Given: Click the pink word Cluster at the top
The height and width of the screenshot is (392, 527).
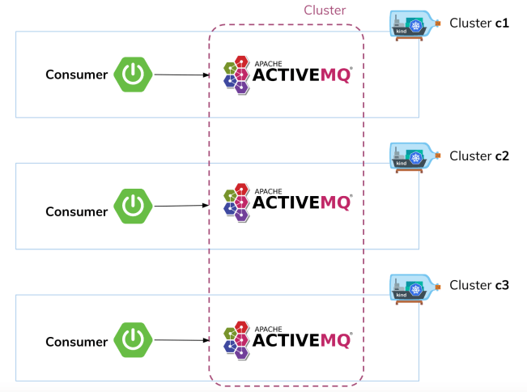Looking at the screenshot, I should [x=325, y=11].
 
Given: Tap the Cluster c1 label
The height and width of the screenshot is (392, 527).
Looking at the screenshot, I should [x=478, y=23].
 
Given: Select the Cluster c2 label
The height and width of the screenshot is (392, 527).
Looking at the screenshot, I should [x=478, y=156].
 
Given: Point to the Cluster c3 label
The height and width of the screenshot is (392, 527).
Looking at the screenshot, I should [x=478, y=286].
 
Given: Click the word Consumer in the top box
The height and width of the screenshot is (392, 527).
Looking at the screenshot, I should [x=76, y=75].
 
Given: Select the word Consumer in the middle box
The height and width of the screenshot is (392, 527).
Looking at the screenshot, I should [x=76, y=212].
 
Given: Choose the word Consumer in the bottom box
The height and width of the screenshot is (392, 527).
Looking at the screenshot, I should [x=76, y=342].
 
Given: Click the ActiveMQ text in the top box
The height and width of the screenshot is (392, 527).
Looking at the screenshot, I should [x=302, y=75].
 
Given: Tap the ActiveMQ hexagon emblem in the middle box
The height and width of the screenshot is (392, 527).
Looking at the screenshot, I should [x=236, y=205].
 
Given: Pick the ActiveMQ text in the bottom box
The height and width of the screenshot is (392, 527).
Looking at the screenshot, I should [x=302, y=340].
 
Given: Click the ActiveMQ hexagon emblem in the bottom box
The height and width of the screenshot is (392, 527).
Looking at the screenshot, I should [x=236, y=339].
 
